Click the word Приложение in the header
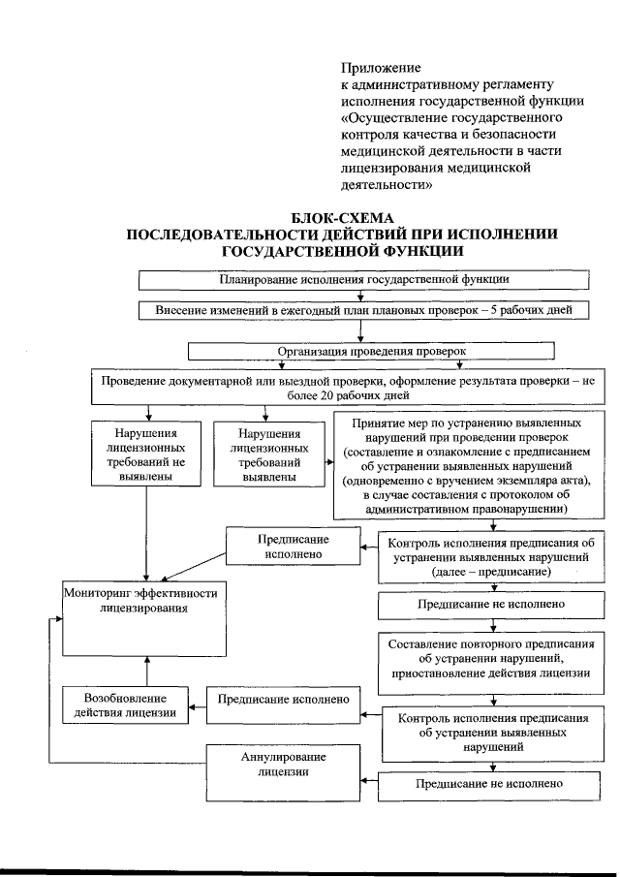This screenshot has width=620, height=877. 381,68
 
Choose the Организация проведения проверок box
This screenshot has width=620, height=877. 371,350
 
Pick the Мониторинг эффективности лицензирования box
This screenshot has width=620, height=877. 146,619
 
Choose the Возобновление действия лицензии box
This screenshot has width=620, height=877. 125,705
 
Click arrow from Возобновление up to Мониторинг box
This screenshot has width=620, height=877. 147,671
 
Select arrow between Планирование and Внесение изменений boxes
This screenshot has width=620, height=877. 361,295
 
